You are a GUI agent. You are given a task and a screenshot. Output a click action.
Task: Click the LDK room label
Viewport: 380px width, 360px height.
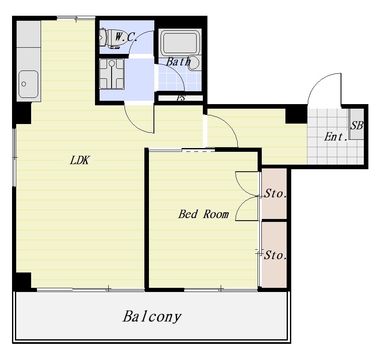tap(80, 160)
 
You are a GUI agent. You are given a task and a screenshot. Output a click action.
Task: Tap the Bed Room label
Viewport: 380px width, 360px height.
tap(204, 214)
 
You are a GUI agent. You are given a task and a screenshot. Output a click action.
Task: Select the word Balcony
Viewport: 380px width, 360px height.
tap(152, 316)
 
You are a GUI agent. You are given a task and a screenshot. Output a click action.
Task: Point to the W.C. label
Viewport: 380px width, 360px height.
tap(126, 36)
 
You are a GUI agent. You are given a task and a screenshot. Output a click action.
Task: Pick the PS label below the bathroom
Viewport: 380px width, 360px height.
tap(181, 97)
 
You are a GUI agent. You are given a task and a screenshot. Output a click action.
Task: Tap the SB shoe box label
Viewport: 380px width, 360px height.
tap(357, 126)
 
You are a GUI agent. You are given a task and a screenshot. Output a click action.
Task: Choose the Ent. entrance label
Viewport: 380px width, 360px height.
tap(336, 137)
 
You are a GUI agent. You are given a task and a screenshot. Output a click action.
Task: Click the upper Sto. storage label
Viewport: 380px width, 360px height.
tap(275, 194)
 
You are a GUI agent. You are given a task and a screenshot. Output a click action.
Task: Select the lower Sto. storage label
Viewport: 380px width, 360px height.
tap(275, 255)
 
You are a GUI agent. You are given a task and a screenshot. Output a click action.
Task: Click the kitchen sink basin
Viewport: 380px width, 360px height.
tap(28, 84)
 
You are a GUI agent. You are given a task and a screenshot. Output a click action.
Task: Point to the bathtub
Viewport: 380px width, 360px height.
tap(180, 42)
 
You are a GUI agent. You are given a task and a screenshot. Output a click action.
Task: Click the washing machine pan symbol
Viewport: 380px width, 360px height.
tap(112, 74)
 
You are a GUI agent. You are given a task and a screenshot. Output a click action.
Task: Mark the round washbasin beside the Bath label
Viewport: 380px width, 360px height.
tap(194, 63)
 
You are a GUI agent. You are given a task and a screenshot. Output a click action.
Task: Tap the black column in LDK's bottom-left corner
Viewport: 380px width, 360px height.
tap(22, 282)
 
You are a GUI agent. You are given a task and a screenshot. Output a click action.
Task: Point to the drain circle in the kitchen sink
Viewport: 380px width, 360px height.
tap(24, 84)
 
